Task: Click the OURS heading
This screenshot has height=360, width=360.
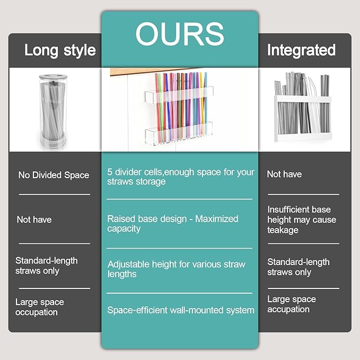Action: pos(180,34)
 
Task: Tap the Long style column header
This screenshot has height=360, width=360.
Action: pos(60,50)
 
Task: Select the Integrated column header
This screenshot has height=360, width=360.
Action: pos(301,50)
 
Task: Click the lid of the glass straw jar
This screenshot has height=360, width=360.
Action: pos(53,77)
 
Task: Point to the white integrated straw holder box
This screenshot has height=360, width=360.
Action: pos(303,119)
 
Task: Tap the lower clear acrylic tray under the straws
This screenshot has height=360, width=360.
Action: pos(179,133)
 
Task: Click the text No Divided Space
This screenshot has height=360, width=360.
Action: pos(54,175)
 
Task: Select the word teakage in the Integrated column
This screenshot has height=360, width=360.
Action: pos(283,230)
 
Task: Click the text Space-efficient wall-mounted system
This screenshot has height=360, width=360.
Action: pos(181,310)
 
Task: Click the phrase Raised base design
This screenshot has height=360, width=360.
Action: pos(147,219)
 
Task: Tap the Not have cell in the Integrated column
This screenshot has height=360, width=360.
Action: pos(284,174)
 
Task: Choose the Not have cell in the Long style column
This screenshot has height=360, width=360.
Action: pos(34,219)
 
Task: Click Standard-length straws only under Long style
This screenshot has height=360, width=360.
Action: pos(47,266)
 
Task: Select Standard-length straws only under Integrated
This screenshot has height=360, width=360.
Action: pos(298,267)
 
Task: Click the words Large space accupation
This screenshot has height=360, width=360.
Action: pos(292,304)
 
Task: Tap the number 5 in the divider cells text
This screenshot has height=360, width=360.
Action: pos(110,172)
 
